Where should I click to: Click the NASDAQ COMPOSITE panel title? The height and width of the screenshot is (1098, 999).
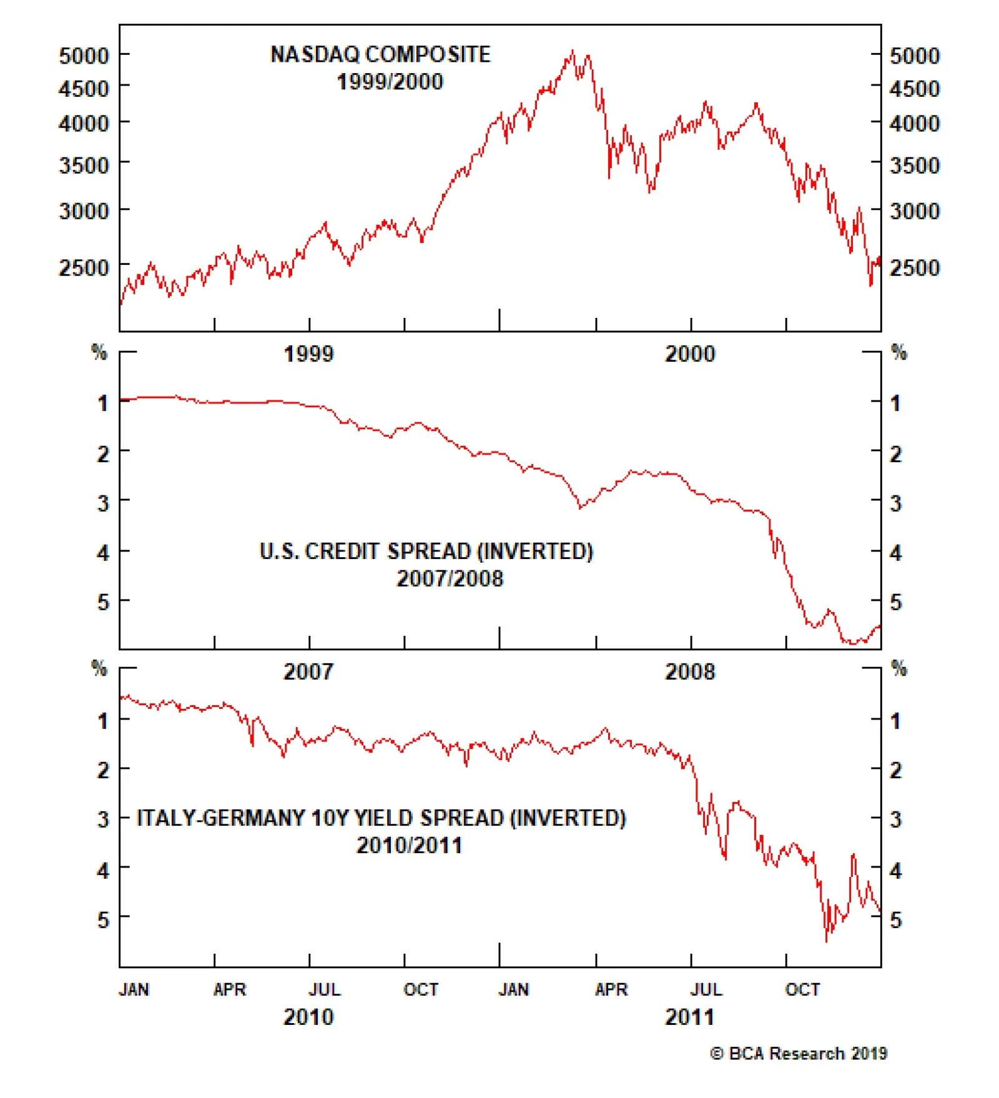point(380,55)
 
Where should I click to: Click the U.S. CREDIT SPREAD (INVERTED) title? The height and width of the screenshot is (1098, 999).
point(426,551)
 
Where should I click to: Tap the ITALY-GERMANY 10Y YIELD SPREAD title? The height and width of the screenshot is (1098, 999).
point(381,818)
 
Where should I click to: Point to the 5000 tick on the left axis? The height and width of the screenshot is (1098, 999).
point(84,56)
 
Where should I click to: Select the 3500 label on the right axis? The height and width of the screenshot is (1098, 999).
point(914,166)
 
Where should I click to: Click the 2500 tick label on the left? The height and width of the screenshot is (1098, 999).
point(84,268)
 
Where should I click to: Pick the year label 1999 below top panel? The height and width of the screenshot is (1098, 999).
point(308,354)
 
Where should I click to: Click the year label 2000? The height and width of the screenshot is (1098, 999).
point(689,354)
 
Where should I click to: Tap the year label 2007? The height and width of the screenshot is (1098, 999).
point(308,672)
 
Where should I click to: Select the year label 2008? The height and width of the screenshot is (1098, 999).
point(689,672)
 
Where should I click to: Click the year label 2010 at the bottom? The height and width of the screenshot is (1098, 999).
point(308,1017)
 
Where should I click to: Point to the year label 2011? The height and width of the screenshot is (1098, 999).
point(689,1017)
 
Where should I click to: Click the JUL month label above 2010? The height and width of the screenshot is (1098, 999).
point(325,990)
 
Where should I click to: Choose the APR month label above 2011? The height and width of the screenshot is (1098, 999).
point(611,990)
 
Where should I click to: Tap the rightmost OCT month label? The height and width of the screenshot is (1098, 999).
point(802,990)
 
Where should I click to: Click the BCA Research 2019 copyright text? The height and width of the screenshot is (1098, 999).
point(799,1054)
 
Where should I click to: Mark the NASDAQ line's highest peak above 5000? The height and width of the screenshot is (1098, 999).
point(572,51)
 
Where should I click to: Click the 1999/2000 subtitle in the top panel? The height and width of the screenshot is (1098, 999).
point(390,82)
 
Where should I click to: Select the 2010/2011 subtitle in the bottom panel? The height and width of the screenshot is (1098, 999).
point(409,846)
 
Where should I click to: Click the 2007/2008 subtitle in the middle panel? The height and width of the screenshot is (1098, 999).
point(450,579)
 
